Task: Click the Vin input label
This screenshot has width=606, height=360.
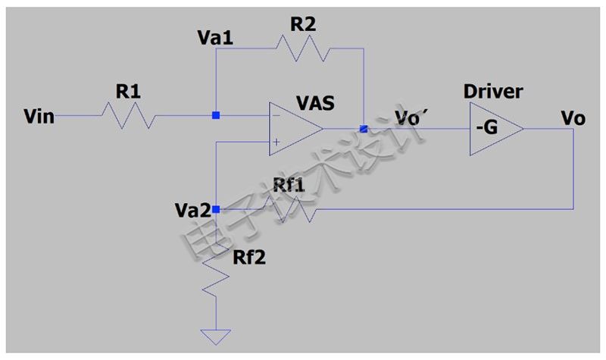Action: point(39,117)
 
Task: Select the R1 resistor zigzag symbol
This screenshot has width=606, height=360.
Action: point(128,115)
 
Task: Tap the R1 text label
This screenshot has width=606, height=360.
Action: point(128,92)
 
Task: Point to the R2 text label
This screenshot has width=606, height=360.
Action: point(303,24)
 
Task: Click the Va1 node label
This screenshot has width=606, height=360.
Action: point(215,38)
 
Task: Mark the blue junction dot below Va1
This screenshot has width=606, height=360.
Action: point(216,115)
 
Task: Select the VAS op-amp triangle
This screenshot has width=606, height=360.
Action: point(296,129)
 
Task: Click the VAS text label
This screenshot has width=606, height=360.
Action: point(315,103)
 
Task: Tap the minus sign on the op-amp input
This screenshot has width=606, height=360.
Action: point(276,115)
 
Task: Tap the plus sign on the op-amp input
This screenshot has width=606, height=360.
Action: point(276,142)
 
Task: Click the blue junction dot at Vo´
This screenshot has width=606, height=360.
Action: point(364,129)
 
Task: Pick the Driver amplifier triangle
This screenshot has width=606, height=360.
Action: point(497,129)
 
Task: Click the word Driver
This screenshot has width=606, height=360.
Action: point(493,92)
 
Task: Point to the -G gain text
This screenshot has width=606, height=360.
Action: point(487,127)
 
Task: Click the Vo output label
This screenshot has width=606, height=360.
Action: point(573,118)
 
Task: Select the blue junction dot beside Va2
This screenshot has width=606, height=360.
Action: point(216,210)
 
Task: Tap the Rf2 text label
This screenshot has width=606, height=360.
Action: point(249,258)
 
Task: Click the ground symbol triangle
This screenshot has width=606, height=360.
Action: point(216,337)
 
